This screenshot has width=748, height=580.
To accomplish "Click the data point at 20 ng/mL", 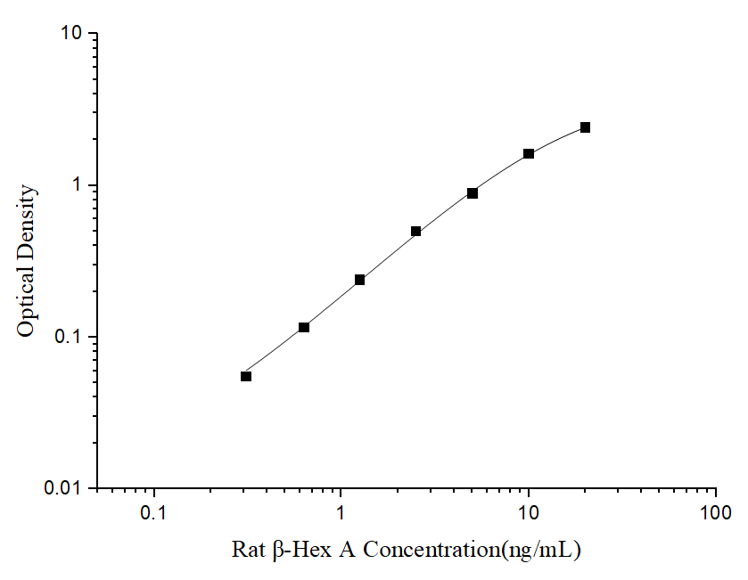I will pyautogui.click(x=585, y=127).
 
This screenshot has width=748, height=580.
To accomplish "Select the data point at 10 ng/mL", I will pyautogui.click(x=529, y=154).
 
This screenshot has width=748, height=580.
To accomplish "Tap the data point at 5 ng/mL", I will pyautogui.click(x=473, y=193).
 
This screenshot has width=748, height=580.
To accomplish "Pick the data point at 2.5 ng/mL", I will pyautogui.click(x=416, y=232).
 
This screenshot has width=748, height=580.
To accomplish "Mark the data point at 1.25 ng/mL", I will pyautogui.click(x=360, y=280).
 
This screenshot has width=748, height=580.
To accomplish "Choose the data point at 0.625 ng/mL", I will pyautogui.click(x=304, y=328).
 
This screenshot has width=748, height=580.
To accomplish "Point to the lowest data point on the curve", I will pyautogui.click(x=246, y=376).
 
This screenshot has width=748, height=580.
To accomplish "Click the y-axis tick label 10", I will pyautogui.click(x=71, y=34).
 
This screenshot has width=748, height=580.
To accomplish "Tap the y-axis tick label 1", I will pyautogui.click(x=77, y=185).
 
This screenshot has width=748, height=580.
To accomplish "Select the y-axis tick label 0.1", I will pyautogui.click(x=68, y=338).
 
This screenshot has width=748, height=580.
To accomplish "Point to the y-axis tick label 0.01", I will pyautogui.click(x=63, y=489).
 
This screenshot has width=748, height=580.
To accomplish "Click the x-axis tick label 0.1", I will pyautogui.click(x=154, y=513).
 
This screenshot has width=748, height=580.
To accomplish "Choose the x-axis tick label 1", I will pyautogui.click(x=341, y=513).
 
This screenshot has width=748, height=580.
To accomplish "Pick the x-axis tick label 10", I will pyautogui.click(x=529, y=513).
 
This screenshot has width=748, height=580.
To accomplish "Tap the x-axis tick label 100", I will pyautogui.click(x=716, y=513).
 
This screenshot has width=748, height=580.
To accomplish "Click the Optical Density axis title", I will pyautogui.click(x=28, y=261).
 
